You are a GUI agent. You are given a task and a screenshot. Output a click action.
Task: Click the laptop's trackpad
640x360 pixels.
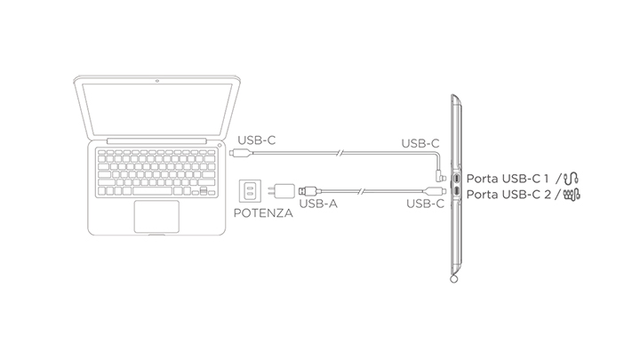156,216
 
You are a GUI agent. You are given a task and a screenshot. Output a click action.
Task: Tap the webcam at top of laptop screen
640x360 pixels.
157,81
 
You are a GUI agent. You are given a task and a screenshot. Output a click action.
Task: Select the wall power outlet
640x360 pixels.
250,190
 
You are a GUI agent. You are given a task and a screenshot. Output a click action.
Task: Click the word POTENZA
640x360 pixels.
263,213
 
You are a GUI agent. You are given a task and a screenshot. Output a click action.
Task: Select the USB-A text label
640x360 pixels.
318,204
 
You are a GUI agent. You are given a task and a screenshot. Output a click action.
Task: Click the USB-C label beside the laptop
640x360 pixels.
257,140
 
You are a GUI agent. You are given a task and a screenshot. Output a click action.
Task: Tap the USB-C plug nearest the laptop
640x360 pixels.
241,153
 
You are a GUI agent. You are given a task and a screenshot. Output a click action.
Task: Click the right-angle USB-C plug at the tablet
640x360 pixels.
441,176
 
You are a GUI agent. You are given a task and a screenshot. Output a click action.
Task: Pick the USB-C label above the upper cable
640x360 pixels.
420,144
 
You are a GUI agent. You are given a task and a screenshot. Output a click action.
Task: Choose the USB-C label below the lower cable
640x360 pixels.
425,204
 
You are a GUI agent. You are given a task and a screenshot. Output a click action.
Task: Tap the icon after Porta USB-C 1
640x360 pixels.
571,178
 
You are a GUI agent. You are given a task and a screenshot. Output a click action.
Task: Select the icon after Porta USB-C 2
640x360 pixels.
572,195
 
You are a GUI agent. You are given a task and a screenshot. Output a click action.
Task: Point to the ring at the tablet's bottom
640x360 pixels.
453,279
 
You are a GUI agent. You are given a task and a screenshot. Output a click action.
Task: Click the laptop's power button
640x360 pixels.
220,145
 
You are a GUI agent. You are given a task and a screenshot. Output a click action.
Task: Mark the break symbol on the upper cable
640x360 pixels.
340,153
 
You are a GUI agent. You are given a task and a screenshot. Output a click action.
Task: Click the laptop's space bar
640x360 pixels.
152,191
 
